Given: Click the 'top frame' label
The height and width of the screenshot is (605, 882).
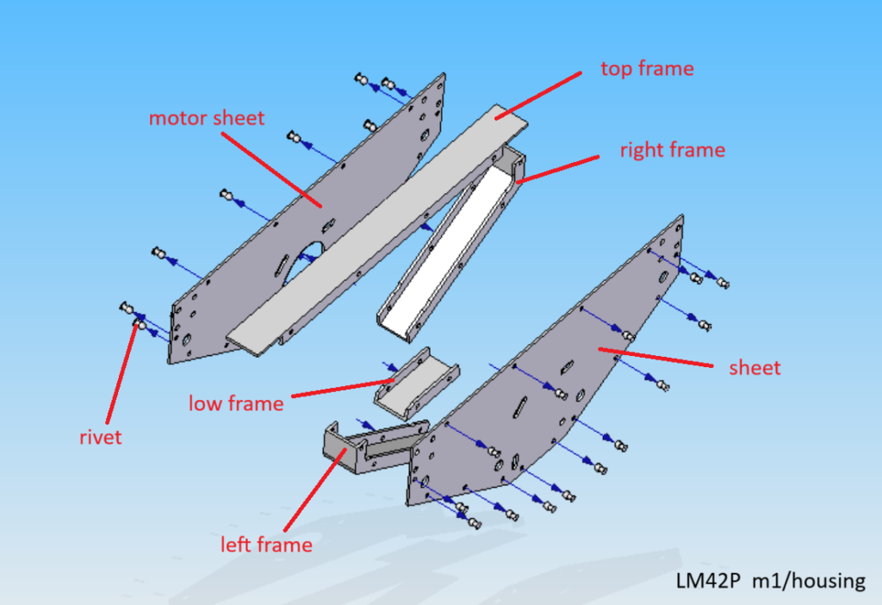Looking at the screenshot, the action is pyautogui.click(x=647, y=69).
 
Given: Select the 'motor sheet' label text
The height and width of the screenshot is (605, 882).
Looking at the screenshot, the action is pyautogui.click(x=207, y=118).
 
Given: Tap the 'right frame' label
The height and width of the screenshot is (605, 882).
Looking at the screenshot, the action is pyautogui.click(x=672, y=150).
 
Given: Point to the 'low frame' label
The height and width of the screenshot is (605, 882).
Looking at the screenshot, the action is pyautogui.click(x=236, y=403).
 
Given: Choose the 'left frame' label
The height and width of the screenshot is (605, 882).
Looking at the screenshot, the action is pyautogui.click(x=266, y=544).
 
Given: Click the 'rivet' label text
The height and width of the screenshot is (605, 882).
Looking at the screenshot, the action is pyautogui.click(x=100, y=437).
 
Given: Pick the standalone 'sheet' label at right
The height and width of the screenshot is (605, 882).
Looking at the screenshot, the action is pyautogui.click(x=755, y=368).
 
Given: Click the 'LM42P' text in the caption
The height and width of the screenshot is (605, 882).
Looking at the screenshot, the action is pyautogui.click(x=708, y=580).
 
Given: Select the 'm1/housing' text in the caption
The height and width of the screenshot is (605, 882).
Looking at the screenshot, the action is pyautogui.click(x=809, y=581).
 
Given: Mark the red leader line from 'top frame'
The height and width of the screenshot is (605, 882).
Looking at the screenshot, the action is pyautogui.click(x=537, y=96).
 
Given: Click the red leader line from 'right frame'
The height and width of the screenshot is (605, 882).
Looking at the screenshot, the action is pyautogui.click(x=558, y=170).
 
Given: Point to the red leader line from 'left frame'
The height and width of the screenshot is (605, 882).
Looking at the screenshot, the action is pyautogui.click(x=315, y=490).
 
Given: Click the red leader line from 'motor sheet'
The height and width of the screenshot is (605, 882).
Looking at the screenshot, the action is pyautogui.click(x=271, y=170).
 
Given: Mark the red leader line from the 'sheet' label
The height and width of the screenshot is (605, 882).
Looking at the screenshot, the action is pyautogui.click(x=655, y=358).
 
